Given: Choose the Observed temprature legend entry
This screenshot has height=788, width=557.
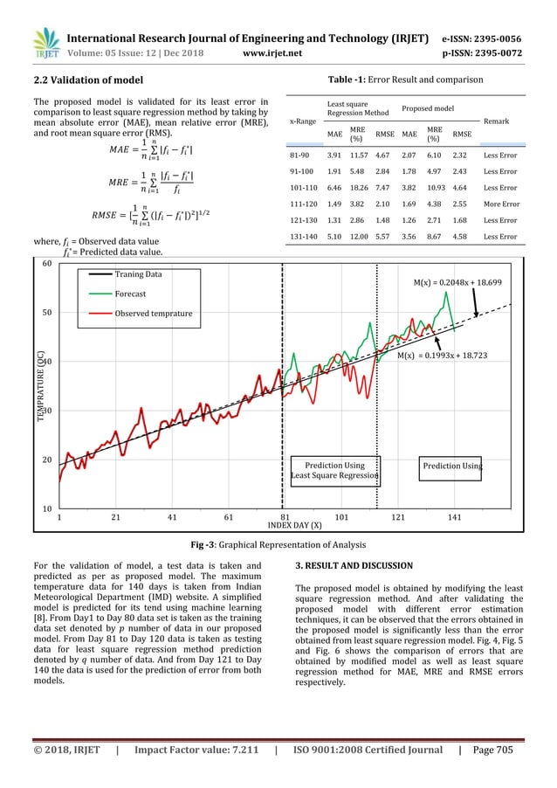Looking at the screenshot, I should click(x=154, y=314).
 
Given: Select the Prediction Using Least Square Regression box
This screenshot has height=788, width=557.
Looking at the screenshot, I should click(x=334, y=470).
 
